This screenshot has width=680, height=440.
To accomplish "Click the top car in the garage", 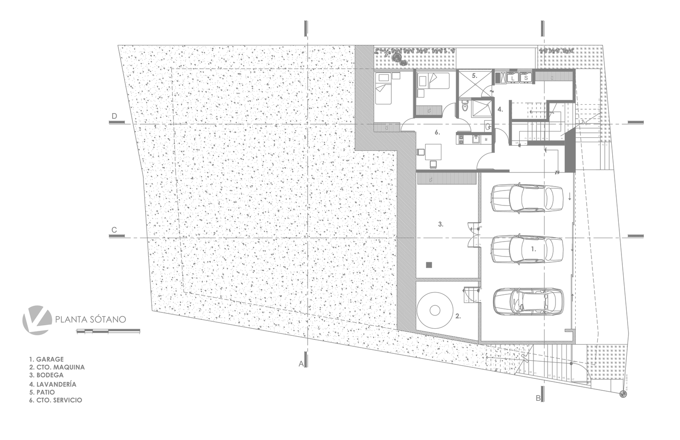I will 527,198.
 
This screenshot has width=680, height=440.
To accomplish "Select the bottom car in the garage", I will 528,301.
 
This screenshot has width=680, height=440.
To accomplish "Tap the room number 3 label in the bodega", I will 441,224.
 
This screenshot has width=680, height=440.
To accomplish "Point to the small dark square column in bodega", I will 430,265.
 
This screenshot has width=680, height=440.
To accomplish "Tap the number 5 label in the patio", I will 474,76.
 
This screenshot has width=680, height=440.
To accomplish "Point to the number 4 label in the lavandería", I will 500,109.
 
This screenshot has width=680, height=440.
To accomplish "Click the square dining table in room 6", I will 433,152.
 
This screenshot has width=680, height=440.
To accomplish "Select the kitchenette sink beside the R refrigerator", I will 475,139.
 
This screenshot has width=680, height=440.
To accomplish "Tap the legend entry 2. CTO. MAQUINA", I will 57,367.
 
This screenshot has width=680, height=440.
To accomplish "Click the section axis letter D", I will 114,116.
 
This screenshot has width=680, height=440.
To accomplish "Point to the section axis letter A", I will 301,364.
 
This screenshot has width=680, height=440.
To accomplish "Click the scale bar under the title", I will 108,330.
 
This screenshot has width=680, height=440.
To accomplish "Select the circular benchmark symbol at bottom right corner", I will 623,394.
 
